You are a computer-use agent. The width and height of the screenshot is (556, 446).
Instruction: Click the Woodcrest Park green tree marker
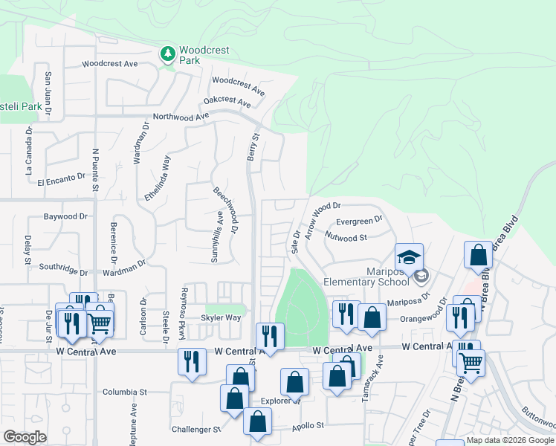click(168, 54)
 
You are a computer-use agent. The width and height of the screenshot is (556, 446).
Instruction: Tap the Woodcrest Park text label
click(204, 56)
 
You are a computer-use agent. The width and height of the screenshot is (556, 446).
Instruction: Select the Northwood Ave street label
click(181, 117)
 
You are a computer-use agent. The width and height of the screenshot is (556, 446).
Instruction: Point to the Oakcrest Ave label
click(227, 100)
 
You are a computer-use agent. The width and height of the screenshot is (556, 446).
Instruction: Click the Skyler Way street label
click(221, 317)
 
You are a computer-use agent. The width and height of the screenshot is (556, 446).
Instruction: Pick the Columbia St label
click(126, 392)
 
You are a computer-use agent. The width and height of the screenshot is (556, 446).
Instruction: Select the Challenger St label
click(197, 429)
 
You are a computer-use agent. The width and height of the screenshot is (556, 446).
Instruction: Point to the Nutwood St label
click(346, 237)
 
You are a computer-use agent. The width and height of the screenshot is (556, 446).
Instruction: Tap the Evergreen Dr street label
click(359, 220)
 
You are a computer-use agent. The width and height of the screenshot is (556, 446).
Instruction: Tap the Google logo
click(25, 437)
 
